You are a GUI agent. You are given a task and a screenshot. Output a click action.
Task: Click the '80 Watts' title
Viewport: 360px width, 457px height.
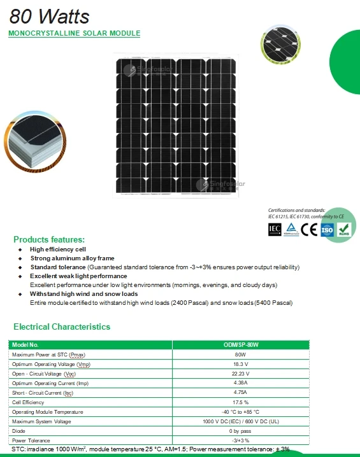(x=41, y=15)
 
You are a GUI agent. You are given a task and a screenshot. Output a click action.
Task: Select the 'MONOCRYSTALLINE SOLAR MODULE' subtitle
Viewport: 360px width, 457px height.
(x=74, y=33)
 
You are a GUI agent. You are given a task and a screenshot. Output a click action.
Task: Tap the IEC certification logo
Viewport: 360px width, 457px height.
(x=275, y=229)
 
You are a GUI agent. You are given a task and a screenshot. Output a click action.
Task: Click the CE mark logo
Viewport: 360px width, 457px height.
(x=309, y=230)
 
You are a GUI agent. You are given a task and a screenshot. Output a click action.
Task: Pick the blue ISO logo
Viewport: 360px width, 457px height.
(x=326, y=230)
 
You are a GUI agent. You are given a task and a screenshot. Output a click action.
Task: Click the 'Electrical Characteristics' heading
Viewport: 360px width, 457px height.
(x=62, y=327)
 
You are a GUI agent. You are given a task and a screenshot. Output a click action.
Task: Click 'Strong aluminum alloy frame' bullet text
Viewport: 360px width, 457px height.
(x=73, y=258)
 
